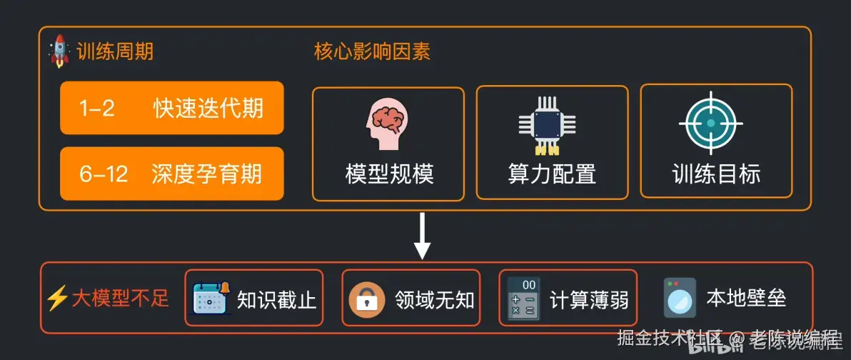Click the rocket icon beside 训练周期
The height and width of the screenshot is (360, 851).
tap(59, 51)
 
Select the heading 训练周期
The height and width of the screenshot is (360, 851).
tap(114, 52)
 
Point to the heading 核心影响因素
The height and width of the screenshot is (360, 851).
tap(372, 52)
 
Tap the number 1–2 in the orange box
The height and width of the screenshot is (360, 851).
tap(97, 109)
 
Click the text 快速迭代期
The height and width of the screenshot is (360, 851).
tap(208, 109)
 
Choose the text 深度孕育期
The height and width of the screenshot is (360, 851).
tap(207, 174)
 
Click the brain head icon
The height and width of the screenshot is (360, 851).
tap(388, 123)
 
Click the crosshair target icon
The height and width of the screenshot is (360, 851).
tap(710, 123)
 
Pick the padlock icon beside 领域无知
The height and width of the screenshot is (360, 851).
tap(367, 299)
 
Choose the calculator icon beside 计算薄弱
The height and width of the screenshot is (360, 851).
tap(523, 299)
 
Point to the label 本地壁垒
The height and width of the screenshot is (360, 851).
tap(746, 298)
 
